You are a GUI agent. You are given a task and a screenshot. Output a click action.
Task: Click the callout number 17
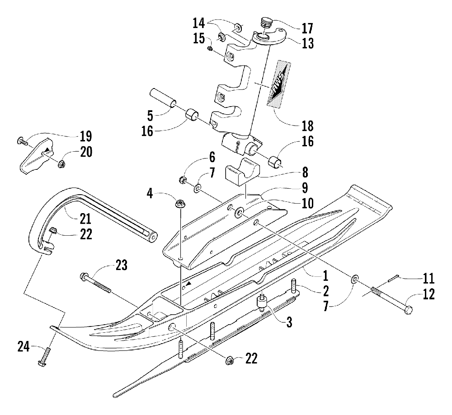click(307, 28)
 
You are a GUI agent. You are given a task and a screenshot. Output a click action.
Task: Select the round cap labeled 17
click(266, 22)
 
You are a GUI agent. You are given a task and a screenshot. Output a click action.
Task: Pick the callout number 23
click(121, 265)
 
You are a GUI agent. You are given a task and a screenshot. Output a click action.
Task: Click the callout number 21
click(85, 219)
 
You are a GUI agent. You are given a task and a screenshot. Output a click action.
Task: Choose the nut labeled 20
click(61, 165)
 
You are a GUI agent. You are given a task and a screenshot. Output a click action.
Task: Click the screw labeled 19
click(22, 141)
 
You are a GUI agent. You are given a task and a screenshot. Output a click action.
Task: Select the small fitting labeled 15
click(210, 49)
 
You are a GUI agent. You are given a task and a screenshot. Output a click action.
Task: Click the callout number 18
click(307, 126)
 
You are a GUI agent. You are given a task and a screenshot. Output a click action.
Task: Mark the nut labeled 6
click(182, 181)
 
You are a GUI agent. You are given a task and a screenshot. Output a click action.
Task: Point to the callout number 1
click(325, 275)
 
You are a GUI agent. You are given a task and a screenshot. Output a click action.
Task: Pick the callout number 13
click(307, 43)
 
